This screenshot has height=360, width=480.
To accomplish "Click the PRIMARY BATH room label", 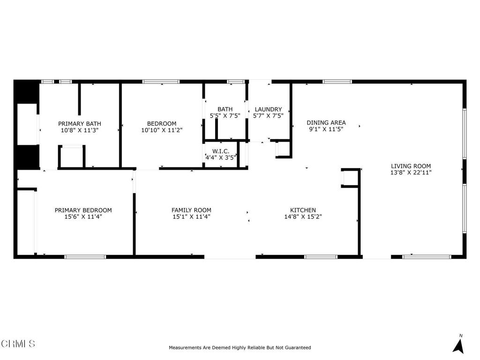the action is click(80, 124).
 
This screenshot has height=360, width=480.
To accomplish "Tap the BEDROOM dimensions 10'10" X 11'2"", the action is click(162, 130).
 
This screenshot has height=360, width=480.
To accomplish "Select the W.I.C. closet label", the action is click(221, 151).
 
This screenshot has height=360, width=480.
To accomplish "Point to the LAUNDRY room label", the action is click(268, 109).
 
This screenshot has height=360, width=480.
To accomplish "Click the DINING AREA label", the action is click(326, 123).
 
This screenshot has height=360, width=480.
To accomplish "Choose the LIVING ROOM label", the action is click(411, 166).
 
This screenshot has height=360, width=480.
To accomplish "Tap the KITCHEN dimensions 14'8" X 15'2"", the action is click(303, 217).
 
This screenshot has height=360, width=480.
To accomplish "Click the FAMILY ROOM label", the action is click(191, 210).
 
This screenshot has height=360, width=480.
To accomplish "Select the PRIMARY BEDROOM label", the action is click(83, 210).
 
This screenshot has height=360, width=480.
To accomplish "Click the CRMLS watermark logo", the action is click(18, 344).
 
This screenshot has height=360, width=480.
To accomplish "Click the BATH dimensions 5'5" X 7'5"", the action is click(225, 116).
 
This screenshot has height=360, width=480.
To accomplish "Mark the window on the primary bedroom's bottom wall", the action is click(85, 257).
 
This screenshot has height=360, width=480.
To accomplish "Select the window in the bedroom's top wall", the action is click(161, 82).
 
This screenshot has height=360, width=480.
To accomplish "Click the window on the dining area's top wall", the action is click(337, 82).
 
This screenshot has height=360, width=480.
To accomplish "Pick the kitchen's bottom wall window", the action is click(321, 257).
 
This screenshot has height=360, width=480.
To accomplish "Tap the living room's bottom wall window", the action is click(427, 257).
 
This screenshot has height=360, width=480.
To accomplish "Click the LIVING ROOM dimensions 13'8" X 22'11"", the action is click(411, 172).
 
